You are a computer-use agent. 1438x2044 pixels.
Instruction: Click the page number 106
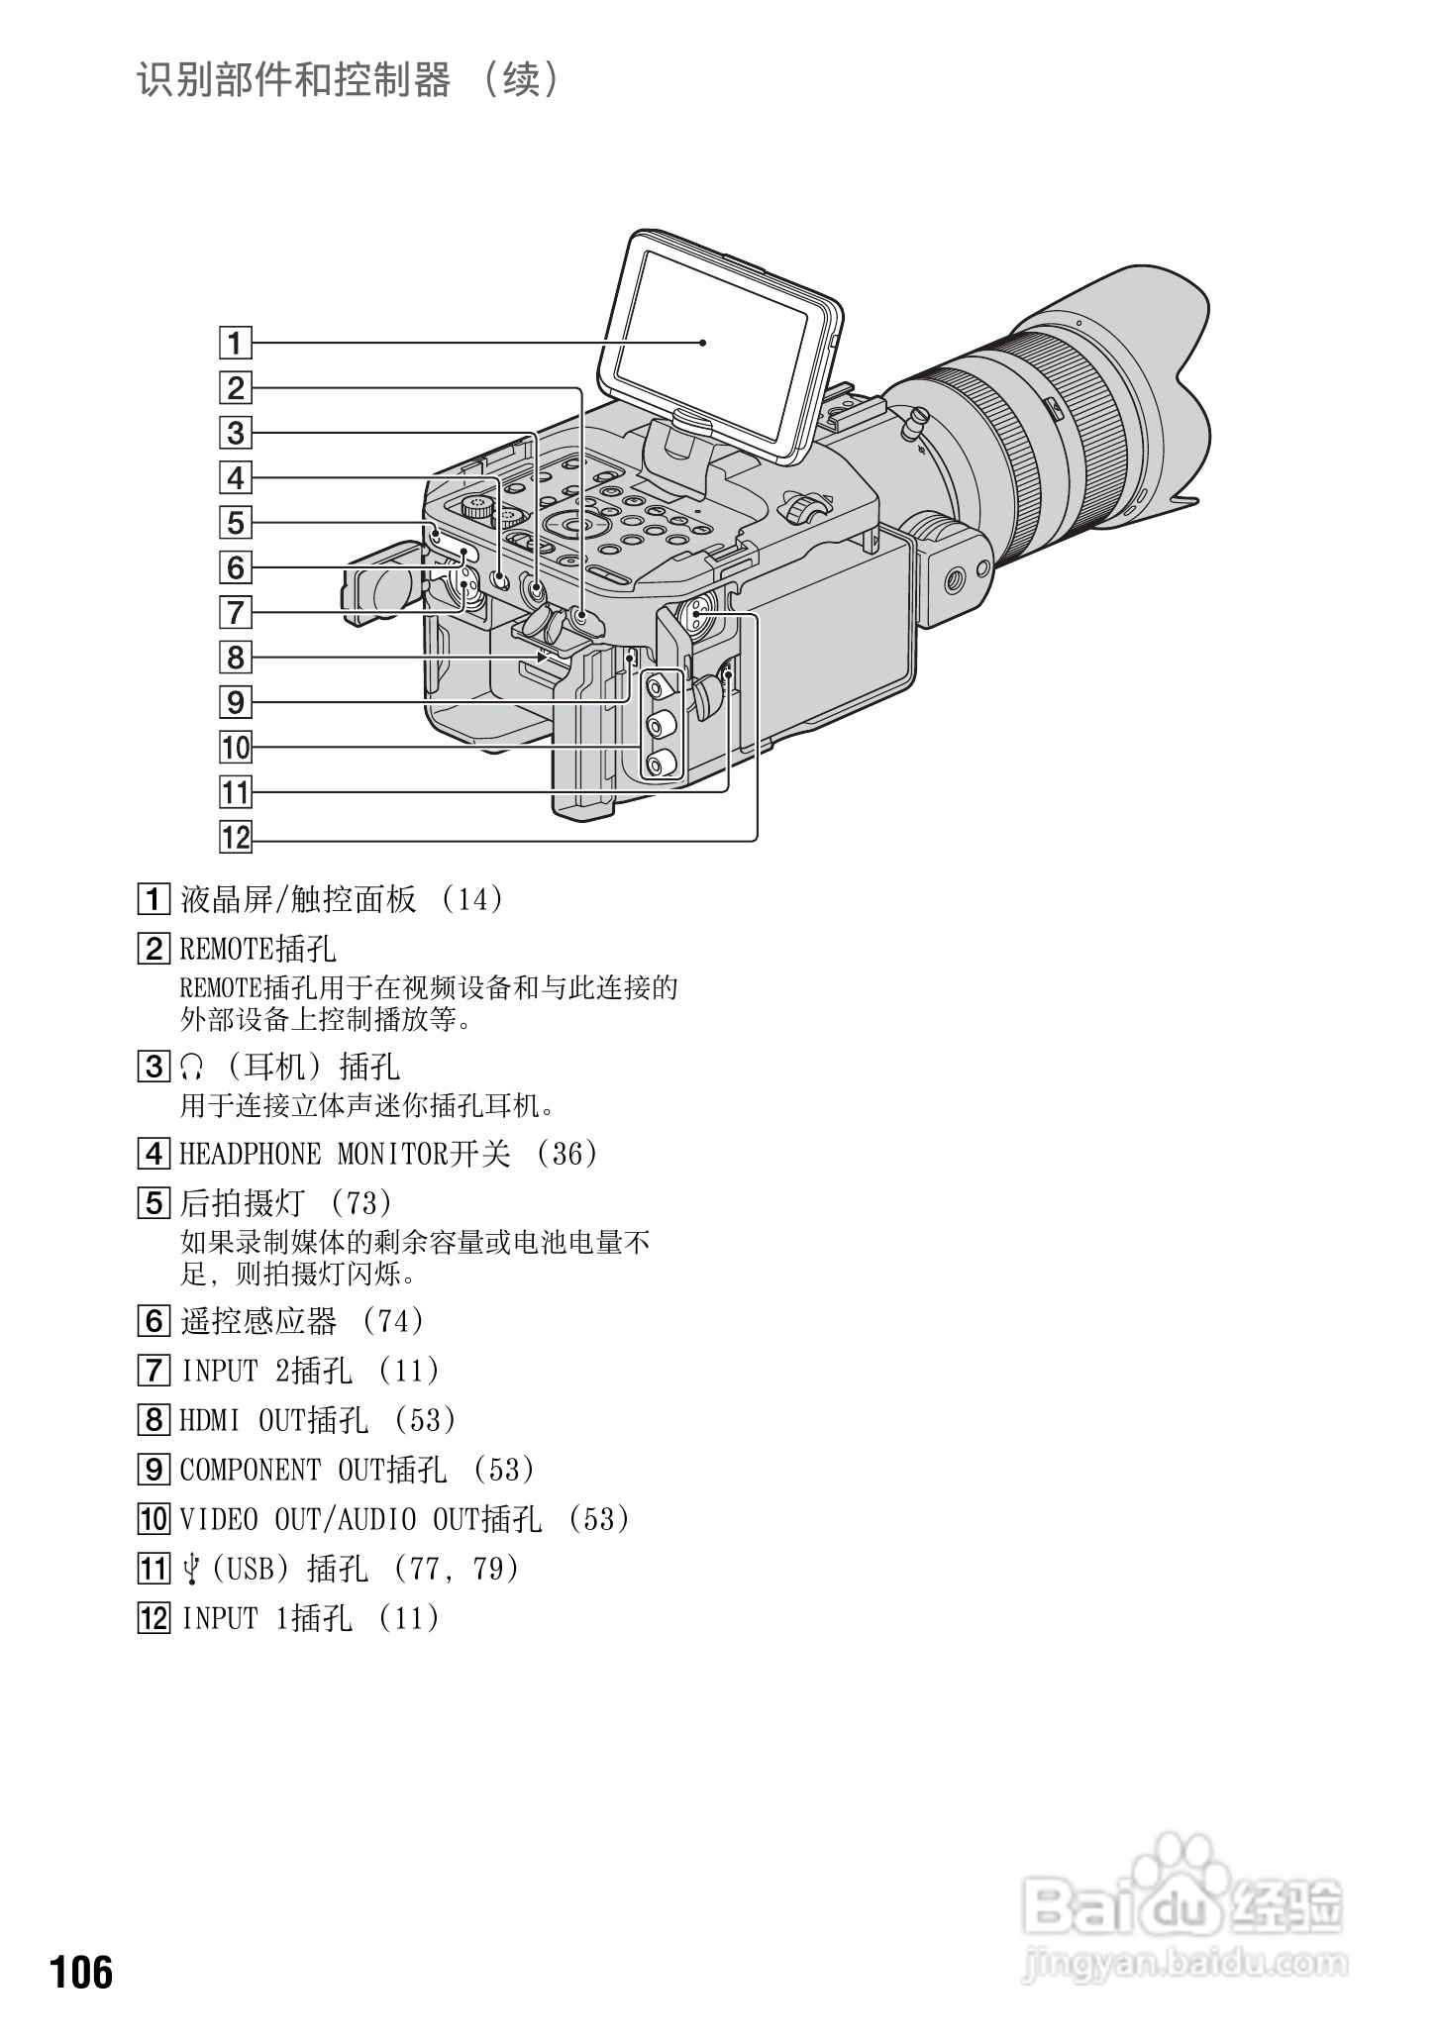[82, 1972]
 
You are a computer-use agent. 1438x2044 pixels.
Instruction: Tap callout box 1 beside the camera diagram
[236, 344]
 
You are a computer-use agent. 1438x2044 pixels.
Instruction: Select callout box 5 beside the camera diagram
[236, 523]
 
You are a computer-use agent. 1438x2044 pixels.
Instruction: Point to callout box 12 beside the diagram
[236, 837]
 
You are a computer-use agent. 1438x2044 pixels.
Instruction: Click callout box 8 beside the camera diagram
[236, 658]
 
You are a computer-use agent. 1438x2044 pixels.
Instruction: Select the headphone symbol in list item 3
[192, 1067]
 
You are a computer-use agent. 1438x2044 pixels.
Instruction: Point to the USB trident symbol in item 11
[192, 1569]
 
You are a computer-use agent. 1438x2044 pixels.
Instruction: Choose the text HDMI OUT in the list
[243, 1420]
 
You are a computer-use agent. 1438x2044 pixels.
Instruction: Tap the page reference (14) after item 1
[473, 899]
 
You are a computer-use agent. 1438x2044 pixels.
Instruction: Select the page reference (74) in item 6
[394, 1321]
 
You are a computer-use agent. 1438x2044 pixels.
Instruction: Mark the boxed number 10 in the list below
[153, 1519]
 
